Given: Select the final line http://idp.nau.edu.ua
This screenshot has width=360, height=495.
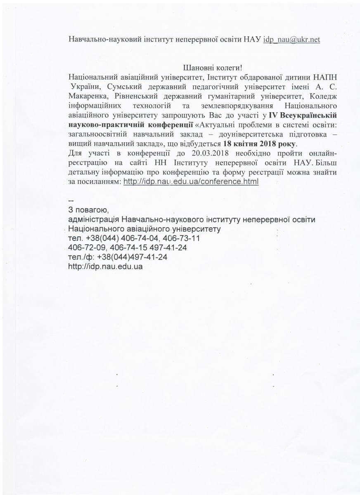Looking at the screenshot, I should coord(106,266).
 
